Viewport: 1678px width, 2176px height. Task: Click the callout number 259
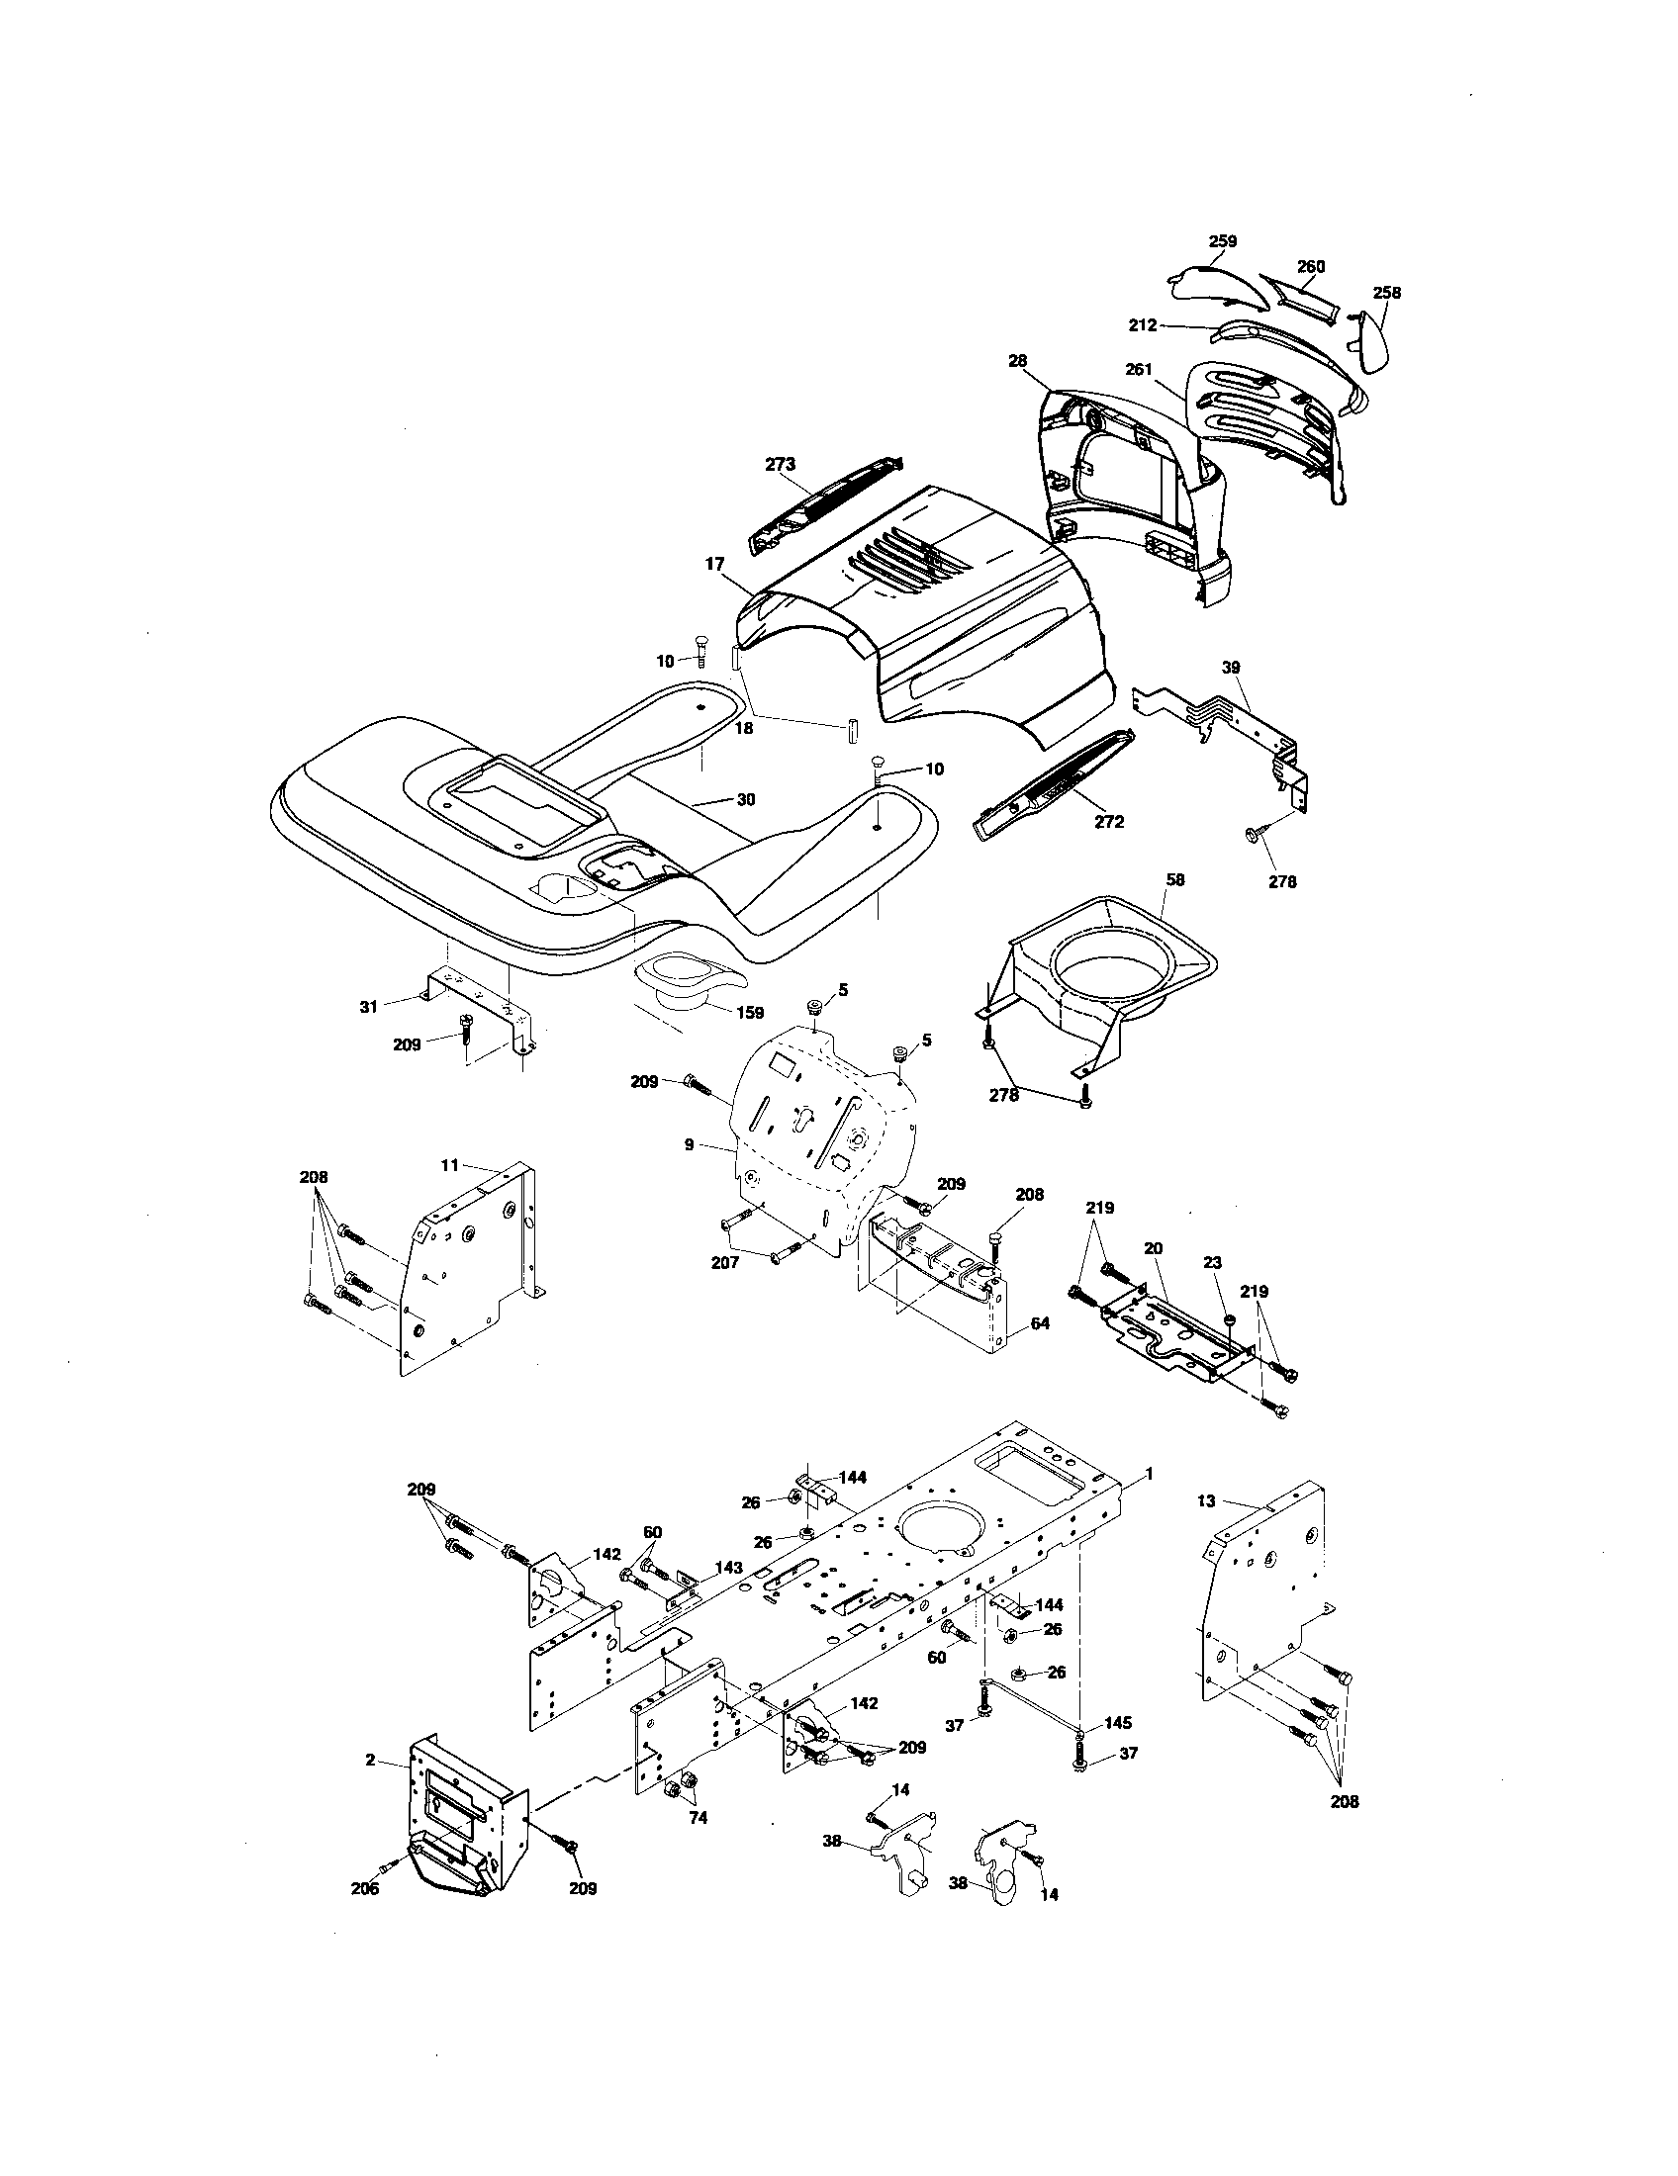point(1222,241)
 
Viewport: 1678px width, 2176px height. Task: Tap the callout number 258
point(1386,293)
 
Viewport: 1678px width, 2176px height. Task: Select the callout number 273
point(781,464)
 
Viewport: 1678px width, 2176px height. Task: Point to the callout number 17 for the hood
point(714,564)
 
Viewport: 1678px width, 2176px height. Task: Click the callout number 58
point(1175,879)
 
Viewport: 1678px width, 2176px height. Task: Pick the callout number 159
point(749,1012)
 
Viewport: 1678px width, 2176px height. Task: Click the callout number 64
point(1040,1324)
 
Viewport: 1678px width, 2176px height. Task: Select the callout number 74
point(699,1818)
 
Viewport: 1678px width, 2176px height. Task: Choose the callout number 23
point(1212,1262)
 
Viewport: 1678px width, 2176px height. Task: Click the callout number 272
point(1108,822)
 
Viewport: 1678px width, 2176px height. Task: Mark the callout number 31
point(369,1007)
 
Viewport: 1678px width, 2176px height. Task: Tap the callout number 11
point(449,1164)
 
